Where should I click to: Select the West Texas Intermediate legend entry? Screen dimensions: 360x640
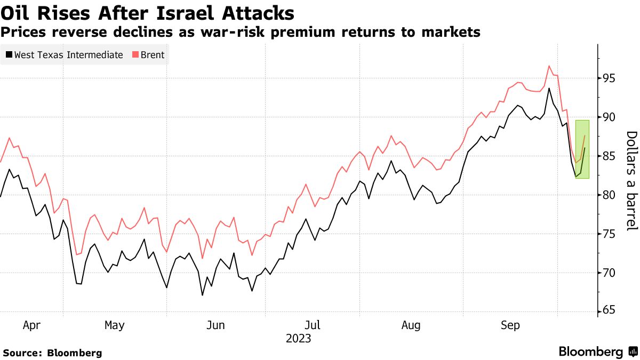click(x=65, y=55)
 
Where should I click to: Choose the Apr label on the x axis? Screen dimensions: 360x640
click(x=31, y=325)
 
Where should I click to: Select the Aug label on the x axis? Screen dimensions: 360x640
click(x=411, y=325)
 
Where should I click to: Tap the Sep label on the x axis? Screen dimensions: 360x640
click(x=510, y=325)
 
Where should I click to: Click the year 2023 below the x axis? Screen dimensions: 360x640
click(x=298, y=338)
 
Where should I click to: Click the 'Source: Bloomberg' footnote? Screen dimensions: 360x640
click(x=52, y=353)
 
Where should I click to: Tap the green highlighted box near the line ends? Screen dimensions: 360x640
click(x=582, y=149)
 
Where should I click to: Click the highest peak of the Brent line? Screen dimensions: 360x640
click(x=549, y=66)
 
